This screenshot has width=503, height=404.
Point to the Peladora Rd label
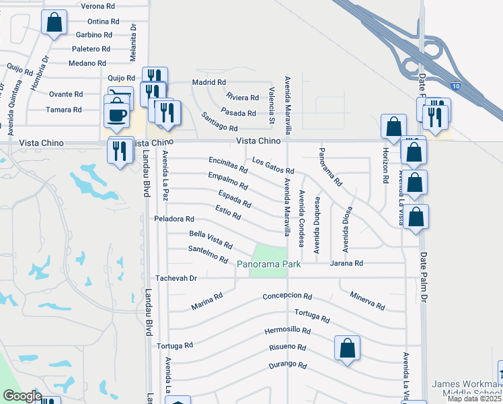click(x=173, y=220)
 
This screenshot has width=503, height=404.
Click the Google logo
click(x=22, y=396)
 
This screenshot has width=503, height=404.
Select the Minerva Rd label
click(x=367, y=301)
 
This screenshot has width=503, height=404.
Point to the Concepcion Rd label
click(x=287, y=296)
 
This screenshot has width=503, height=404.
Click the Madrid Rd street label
click(x=208, y=82)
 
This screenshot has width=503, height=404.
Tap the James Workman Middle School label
click(x=467, y=389)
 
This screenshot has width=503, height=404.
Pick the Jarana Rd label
click(x=347, y=263)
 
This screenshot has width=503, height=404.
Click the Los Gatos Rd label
click(x=273, y=166)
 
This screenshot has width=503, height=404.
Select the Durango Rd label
click(x=288, y=366)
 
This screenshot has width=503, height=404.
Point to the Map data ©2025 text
click(x=475, y=399)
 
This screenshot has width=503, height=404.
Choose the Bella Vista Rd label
click(x=210, y=238)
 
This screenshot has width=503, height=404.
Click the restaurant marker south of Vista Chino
click(x=120, y=150)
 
